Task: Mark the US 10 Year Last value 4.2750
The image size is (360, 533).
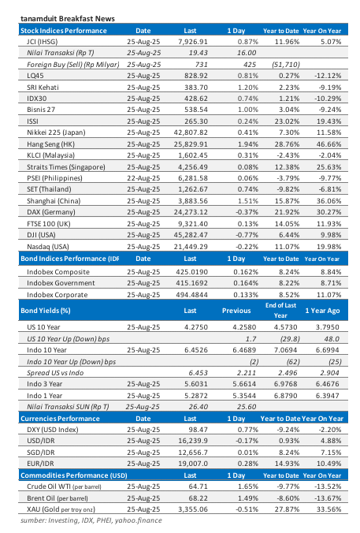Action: pyautogui.click(x=195, y=326)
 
